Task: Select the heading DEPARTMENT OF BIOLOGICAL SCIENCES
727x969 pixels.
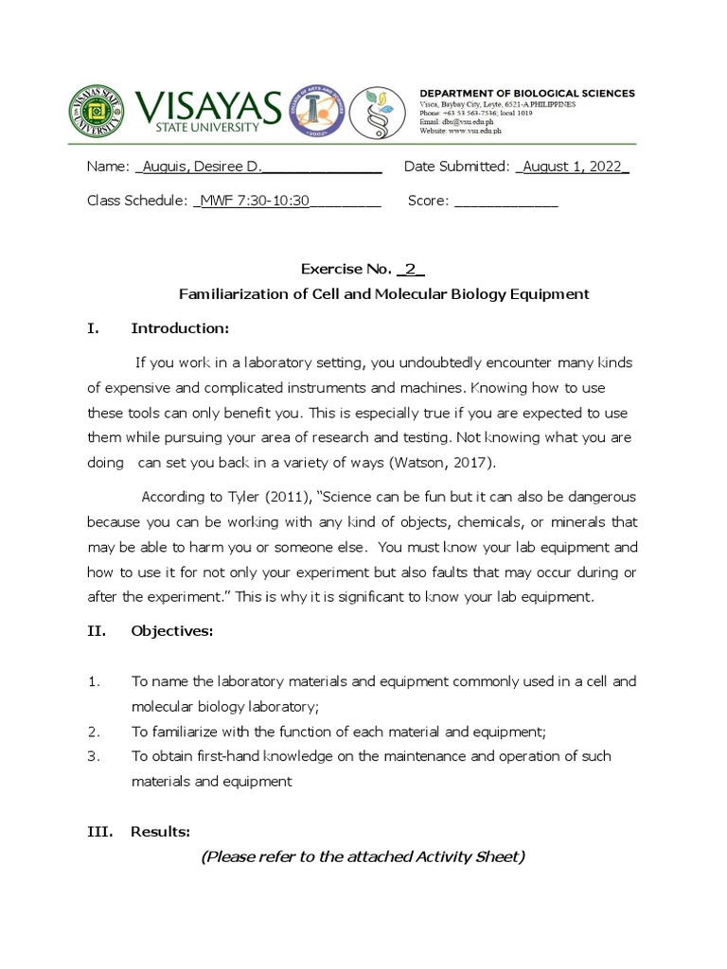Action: (527, 93)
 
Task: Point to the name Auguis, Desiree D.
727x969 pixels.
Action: (202, 167)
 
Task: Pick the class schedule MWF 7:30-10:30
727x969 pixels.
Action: (255, 201)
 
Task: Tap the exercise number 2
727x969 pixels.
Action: (411, 269)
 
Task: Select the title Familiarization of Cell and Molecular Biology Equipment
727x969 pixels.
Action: (383, 294)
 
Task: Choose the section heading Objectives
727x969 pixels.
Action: (172, 631)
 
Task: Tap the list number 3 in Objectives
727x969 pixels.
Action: (93, 756)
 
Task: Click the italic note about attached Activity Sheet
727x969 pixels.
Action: (363, 857)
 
